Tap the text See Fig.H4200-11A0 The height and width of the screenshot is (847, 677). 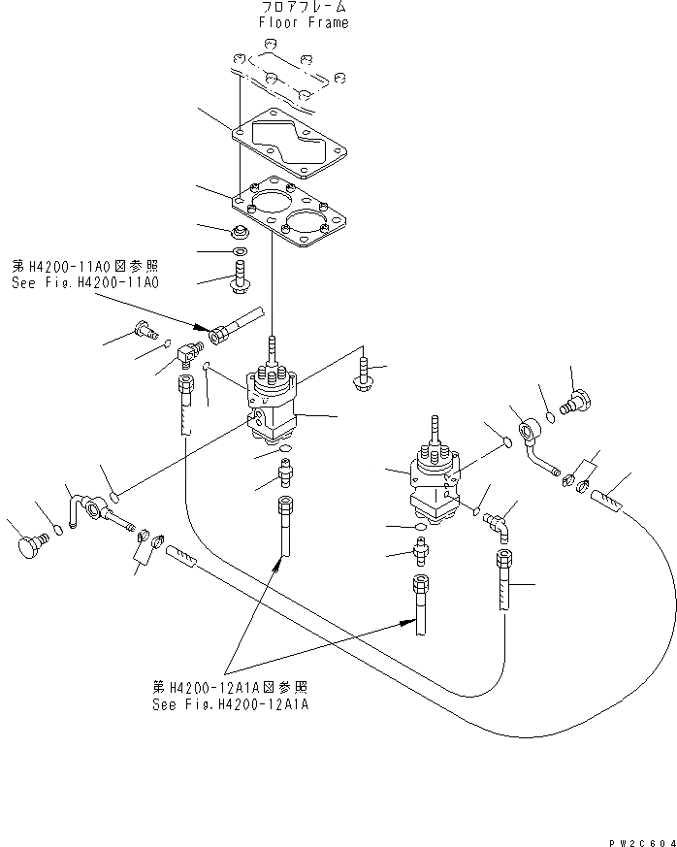tap(86, 282)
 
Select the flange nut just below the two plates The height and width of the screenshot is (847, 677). tap(239, 232)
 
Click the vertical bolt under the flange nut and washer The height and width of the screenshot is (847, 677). tap(240, 275)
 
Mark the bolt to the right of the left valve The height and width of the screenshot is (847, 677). tap(367, 374)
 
